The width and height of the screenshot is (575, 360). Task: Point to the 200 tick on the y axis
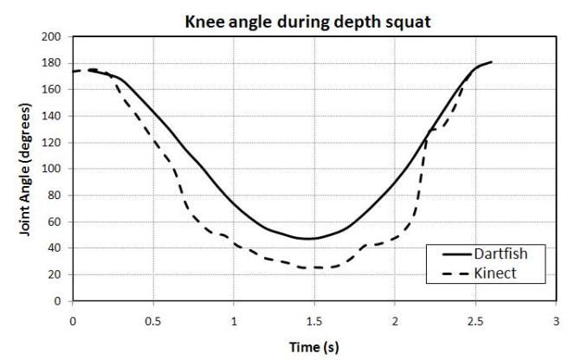[54, 37]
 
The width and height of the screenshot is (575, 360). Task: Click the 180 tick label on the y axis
[54, 63]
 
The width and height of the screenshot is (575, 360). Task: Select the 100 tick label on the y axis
[54, 170]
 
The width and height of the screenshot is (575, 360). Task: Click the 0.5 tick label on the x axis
[153, 318]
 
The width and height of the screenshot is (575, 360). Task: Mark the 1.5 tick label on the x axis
[314, 318]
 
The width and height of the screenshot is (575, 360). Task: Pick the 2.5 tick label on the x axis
[475, 318]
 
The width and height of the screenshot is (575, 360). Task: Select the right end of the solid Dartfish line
[491, 62]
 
